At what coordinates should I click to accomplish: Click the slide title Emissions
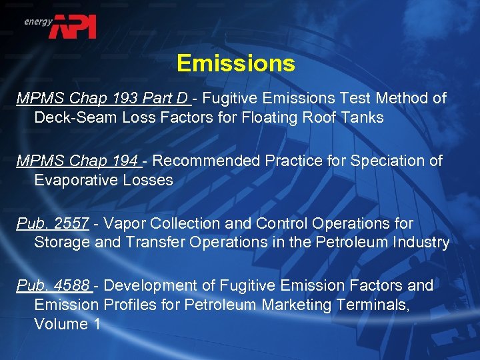[x=235, y=63]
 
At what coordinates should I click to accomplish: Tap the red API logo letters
[x=76, y=27]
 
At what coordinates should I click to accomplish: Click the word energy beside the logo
[x=38, y=21]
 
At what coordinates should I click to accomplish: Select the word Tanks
[x=364, y=118]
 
